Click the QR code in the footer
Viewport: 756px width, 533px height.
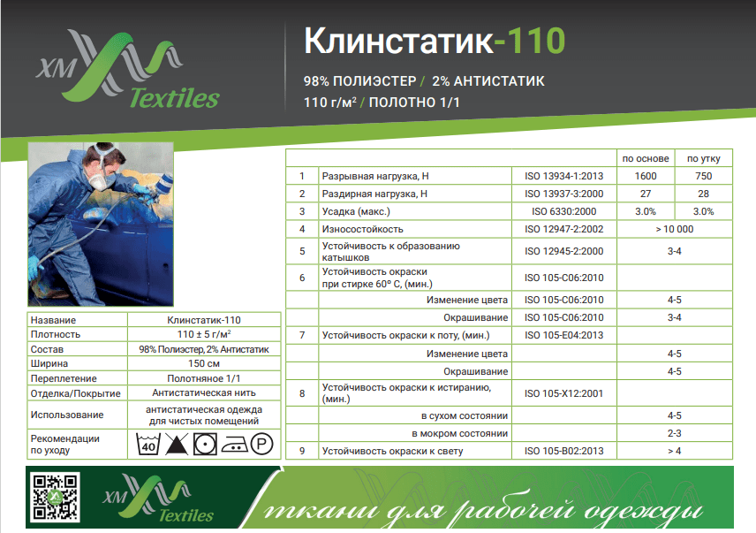pos(55,497)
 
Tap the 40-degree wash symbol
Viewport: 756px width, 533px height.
pos(148,444)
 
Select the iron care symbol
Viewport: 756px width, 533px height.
pos(234,445)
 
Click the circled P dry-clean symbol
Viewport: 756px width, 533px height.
pos(261,444)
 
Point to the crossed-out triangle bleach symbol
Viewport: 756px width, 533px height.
pos(177,444)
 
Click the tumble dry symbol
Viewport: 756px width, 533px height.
pos(205,444)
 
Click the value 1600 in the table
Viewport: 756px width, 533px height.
pos(646,176)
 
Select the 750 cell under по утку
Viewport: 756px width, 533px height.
pos(703,176)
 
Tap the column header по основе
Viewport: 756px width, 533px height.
pos(646,158)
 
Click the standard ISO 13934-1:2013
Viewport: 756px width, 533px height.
pos(564,176)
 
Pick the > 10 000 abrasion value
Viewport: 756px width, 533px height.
pos(675,229)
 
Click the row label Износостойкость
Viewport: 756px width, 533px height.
pos(363,229)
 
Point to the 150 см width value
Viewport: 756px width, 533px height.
pos(204,363)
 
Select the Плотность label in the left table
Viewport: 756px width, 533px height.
pos(56,334)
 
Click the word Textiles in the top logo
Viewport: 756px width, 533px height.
pos(175,98)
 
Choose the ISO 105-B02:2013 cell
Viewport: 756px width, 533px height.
pos(564,451)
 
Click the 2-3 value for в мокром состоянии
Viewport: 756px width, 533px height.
pos(675,433)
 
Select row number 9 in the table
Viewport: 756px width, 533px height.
pos(302,451)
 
